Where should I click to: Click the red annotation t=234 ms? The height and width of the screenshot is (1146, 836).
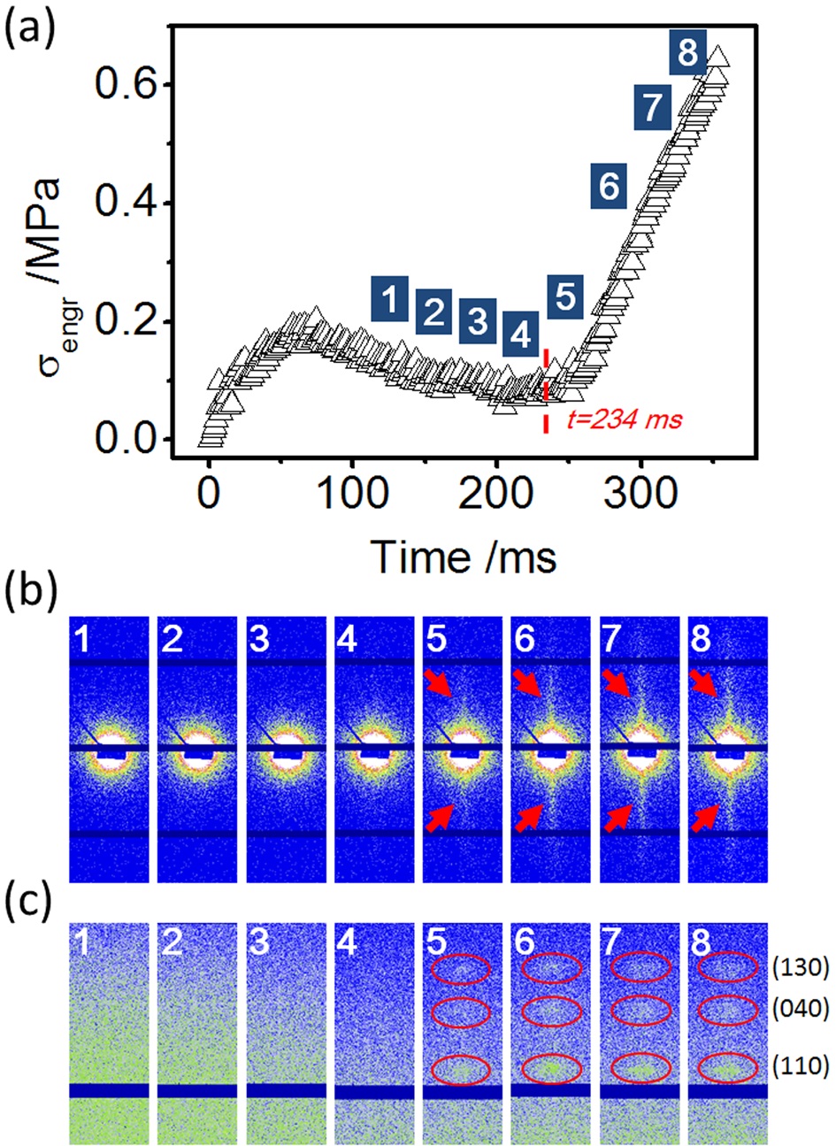(x=625, y=420)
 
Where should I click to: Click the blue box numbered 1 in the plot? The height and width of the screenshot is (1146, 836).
(x=389, y=299)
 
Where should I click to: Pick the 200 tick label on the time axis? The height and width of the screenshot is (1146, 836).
(x=496, y=494)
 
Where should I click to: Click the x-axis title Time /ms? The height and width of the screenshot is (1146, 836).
(x=465, y=558)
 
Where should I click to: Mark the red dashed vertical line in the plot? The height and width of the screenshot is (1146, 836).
(x=546, y=391)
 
